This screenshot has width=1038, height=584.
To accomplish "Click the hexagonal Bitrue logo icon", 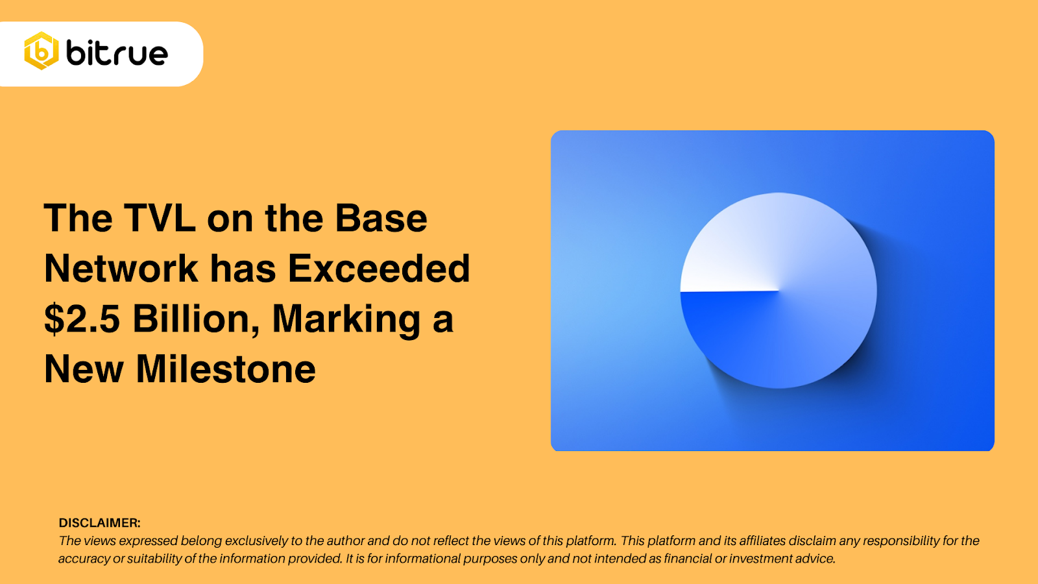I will point(42,51).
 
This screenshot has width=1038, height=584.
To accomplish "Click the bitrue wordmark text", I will point(117,53).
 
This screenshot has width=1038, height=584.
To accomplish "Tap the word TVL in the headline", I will point(159,219).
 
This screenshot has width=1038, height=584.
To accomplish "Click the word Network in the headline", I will point(121,269).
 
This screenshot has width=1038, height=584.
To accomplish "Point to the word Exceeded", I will point(378,269).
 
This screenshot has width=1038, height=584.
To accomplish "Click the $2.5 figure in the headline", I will point(82,319).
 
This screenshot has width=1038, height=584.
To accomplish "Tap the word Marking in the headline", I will point(346,319).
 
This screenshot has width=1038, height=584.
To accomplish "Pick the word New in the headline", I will point(84,369).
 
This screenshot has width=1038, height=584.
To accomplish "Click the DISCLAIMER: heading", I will point(99,523).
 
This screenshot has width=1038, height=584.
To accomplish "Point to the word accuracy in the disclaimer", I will point(84,559).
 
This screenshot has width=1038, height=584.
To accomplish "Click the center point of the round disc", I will point(779,291).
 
